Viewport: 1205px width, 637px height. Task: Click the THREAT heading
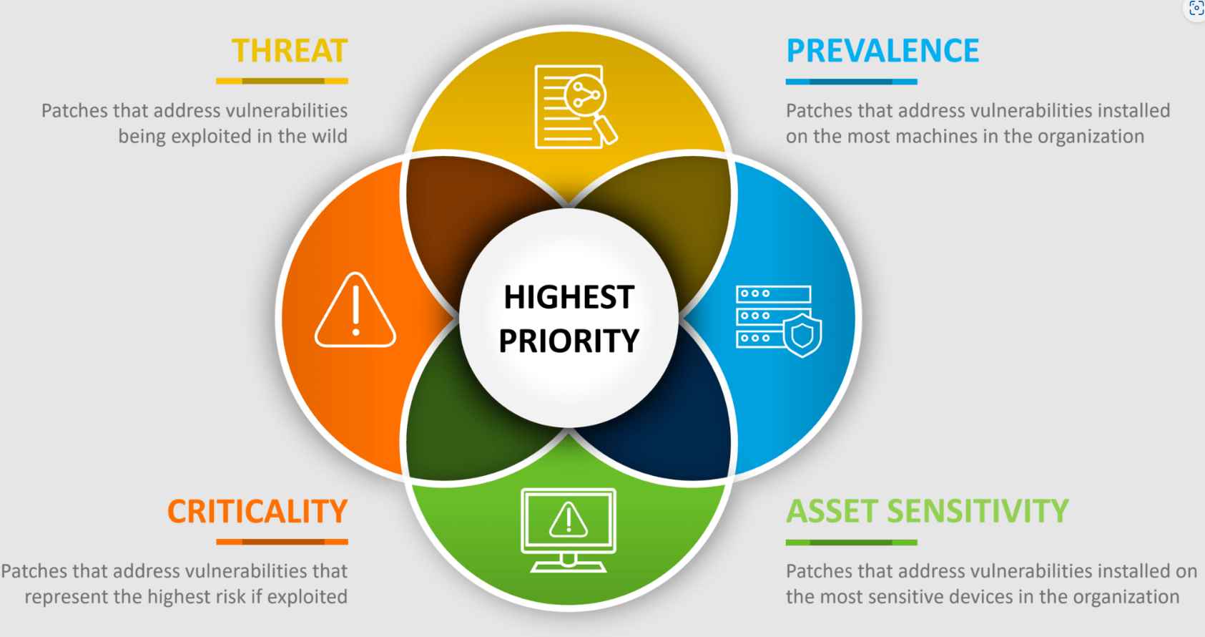click(x=290, y=51)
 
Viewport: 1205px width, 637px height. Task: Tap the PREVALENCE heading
click(x=882, y=51)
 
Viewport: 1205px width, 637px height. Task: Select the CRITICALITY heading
click(x=257, y=511)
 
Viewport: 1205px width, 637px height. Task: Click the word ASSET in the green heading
click(x=832, y=511)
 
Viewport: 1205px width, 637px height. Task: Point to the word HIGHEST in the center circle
click(x=569, y=297)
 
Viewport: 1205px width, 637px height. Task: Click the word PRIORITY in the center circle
click(x=569, y=341)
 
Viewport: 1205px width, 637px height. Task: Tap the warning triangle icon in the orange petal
click(x=355, y=310)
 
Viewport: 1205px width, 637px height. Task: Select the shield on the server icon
click(x=802, y=335)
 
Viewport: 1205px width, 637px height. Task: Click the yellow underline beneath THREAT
click(x=282, y=82)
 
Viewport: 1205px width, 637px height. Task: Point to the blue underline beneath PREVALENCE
click(x=852, y=82)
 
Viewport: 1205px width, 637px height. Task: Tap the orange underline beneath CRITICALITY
click(x=282, y=543)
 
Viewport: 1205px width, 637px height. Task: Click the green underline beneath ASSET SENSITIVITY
click(x=852, y=543)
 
